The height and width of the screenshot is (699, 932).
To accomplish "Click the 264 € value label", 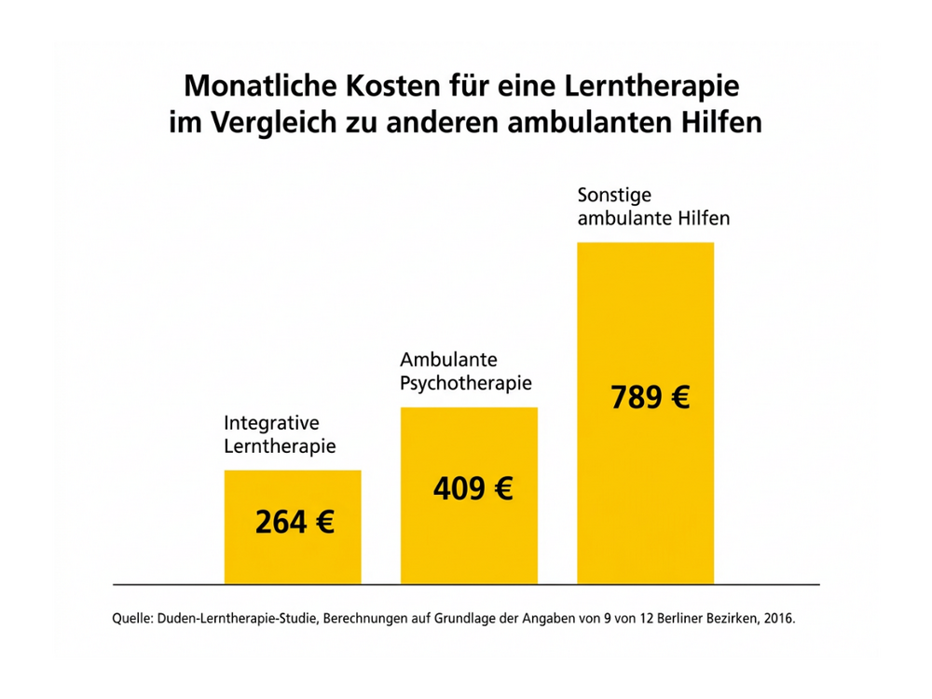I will point(295,522).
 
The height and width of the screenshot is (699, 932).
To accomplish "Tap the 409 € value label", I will point(473,487).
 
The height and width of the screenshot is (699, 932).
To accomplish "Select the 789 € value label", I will point(650,398).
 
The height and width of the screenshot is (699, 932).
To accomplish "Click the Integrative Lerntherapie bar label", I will point(280,435).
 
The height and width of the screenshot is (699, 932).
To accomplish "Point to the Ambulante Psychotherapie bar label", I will point(466,371).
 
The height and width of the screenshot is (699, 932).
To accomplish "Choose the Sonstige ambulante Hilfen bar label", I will point(652,208).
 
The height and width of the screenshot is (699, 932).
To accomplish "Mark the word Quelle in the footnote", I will point(130,617).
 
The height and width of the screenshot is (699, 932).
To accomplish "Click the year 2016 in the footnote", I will point(779,617).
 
